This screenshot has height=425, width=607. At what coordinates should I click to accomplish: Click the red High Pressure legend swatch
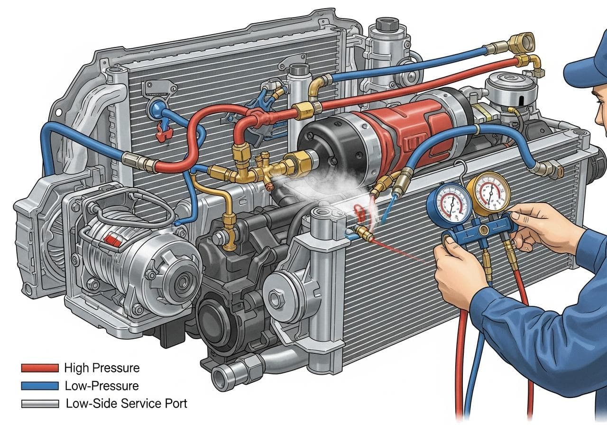[40, 368]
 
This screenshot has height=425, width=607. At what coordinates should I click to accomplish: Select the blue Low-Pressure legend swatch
[40, 386]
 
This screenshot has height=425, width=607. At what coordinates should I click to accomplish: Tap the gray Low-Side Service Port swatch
[40, 404]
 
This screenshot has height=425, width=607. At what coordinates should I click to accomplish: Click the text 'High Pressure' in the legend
[101, 368]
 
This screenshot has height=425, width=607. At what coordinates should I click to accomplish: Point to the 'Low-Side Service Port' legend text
[126, 404]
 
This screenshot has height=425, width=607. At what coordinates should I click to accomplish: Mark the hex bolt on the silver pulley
[276, 299]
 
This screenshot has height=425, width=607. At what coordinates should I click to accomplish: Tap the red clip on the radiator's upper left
[163, 134]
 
